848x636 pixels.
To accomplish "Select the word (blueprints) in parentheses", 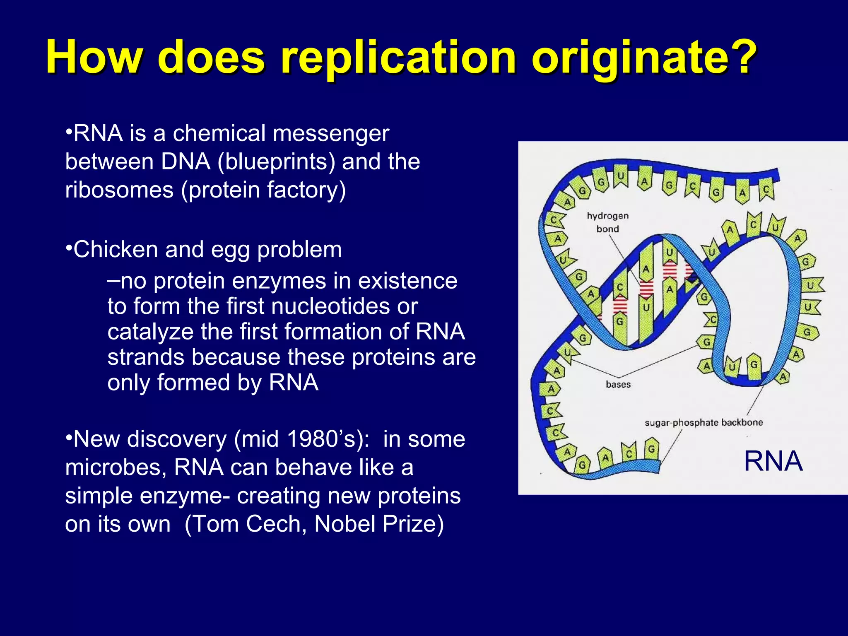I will [276, 161].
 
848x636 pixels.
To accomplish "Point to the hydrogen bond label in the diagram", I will [607, 222].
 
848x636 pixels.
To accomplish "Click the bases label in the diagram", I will [618, 385].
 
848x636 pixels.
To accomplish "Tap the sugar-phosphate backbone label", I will [703, 423].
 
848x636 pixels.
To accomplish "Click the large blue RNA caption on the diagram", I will [773, 461].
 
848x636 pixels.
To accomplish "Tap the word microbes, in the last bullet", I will [116, 467].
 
